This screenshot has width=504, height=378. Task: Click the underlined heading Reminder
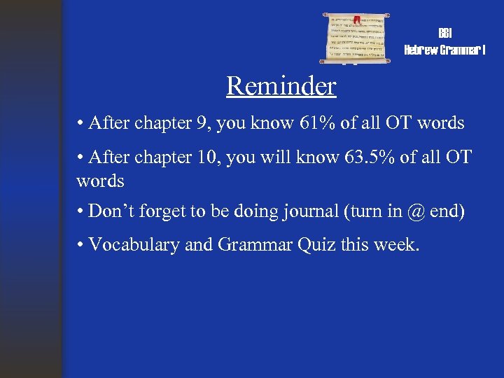click(x=281, y=86)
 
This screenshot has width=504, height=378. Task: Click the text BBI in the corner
click(x=445, y=34)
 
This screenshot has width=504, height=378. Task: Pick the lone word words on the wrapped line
click(x=100, y=181)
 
